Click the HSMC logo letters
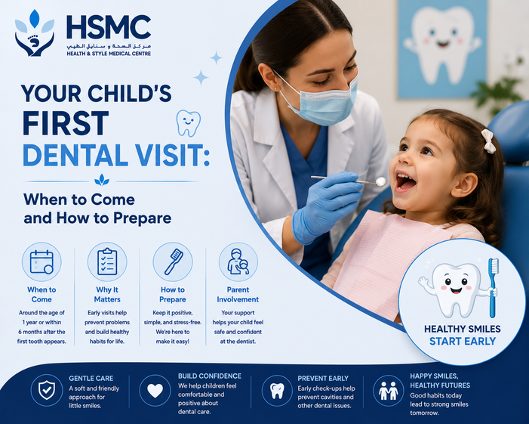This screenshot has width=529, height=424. pyautogui.click(x=109, y=26)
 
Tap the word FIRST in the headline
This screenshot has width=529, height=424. pyautogui.click(x=66, y=124)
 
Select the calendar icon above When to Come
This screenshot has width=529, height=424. pyautogui.click(x=42, y=262)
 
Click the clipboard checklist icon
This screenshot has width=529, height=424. pyautogui.click(x=107, y=262)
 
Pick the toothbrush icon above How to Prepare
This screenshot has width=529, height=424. pyautogui.click(x=173, y=262)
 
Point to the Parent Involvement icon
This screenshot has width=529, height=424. pyautogui.click(x=238, y=262)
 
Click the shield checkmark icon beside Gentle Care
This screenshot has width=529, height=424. pyautogui.click(x=47, y=390)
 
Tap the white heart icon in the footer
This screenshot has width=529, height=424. pyautogui.click(x=155, y=390)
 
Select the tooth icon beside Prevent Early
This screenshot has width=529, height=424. pyautogui.click(x=277, y=390)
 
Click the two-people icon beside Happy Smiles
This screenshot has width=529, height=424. pyautogui.click(x=389, y=391)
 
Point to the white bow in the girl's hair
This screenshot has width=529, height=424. pyautogui.click(x=488, y=141)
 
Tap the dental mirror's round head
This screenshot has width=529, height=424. pyautogui.click(x=381, y=181)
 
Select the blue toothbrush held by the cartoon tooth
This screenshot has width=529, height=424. pyautogui.click(x=493, y=288)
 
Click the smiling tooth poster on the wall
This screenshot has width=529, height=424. pyautogui.click(x=442, y=48)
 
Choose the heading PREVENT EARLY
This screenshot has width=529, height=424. pyautogui.click(x=323, y=379)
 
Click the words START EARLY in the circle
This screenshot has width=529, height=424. pyautogui.click(x=462, y=341)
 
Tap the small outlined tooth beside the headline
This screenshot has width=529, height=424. pyautogui.click(x=188, y=123)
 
